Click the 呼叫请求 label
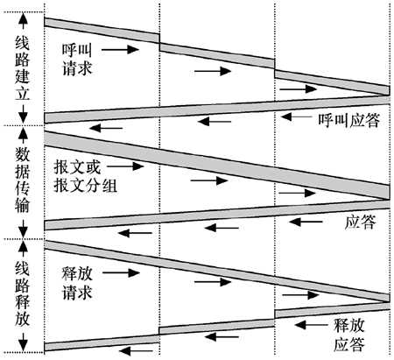click(x=77, y=60)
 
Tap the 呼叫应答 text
click(x=349, y=120)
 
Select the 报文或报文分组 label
click(x=85, y=176)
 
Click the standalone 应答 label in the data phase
click(x=361, y=222)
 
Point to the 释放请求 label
click(x=77, y=283)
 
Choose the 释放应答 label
click(x=349, y=335)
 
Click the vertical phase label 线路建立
click(x=23, y=69)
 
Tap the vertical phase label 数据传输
click(x=23, y=180)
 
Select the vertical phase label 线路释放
click(x=23, y=293)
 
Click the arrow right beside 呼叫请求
click(x=120, y=50)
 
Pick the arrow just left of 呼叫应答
click(x=297, y=116)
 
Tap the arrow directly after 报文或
click(x=126, y=166)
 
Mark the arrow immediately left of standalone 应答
click(x=306, y=222)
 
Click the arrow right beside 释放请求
click(x=122, y=273)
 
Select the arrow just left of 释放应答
click(x=312, y=325)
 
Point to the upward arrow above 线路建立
click(x=23, y=21)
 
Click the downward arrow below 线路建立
click(x=23, y=114)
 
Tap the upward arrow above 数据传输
click(x=23, y=135)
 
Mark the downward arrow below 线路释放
click(x=23, y=342)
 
